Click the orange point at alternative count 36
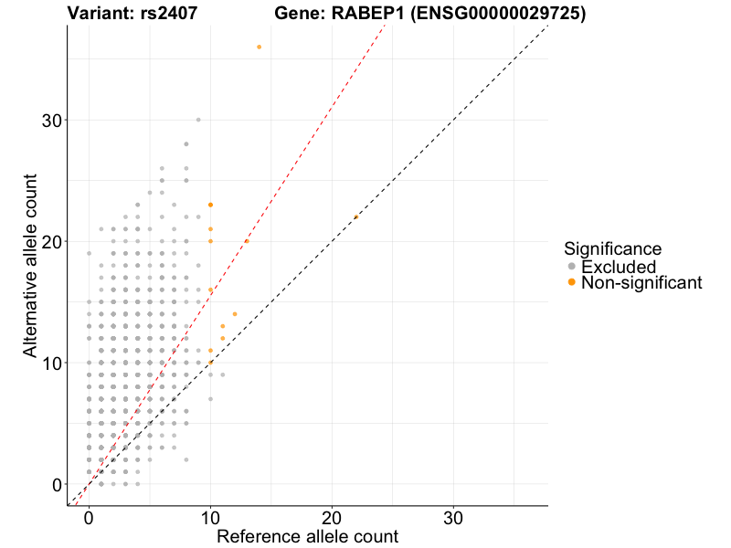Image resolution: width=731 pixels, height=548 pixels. [260, 47]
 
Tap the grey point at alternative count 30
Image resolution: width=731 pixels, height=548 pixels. [198, 120]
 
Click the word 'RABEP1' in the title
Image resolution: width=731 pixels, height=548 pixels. [364, 14]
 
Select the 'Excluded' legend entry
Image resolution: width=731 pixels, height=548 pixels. [619, 267]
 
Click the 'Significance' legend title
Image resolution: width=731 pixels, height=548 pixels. [612, 248]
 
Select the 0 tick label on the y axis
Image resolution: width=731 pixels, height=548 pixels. [57, 484]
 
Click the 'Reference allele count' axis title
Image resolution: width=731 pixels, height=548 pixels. [307, 536]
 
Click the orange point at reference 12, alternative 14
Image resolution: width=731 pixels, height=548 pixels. [235, 314]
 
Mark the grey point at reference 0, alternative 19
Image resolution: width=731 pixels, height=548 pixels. [89, 253]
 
